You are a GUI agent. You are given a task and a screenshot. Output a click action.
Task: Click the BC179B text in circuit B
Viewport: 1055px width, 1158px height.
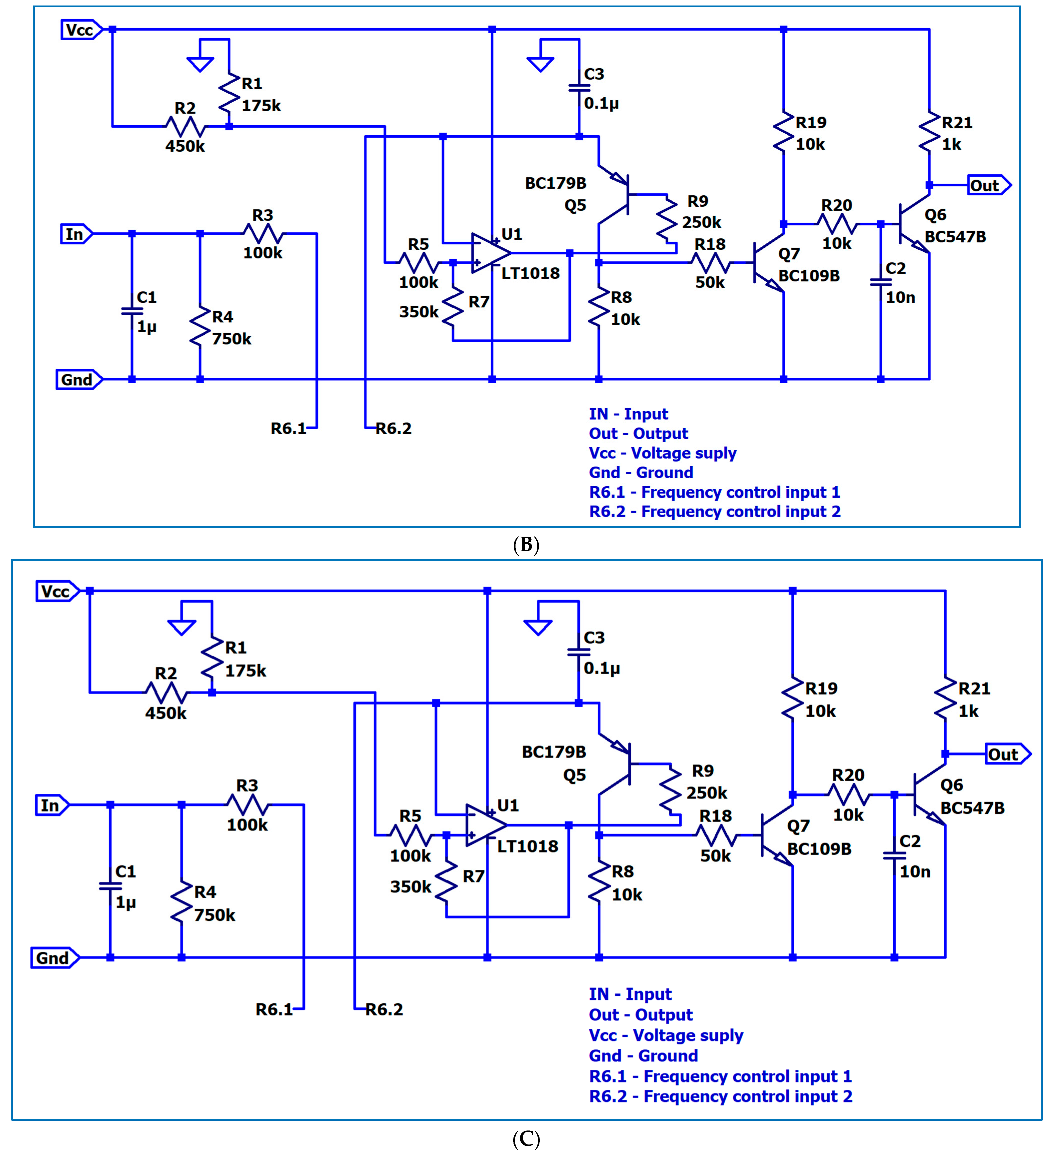click(x=555, y=183)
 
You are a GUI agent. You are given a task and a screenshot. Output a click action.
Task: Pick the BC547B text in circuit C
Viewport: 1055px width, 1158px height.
click(x=972, y=808)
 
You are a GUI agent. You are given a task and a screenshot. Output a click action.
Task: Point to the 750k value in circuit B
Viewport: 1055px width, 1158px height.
click(x=231, y=339)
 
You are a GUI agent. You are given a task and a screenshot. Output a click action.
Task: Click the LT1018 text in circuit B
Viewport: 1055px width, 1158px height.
click(x=530, y=273)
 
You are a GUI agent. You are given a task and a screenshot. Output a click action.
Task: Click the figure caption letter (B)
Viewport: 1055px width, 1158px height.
click(x=526, y=545)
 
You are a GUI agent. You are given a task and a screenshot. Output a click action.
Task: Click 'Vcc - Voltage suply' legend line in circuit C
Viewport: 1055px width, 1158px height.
click(x=666, y=1035)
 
